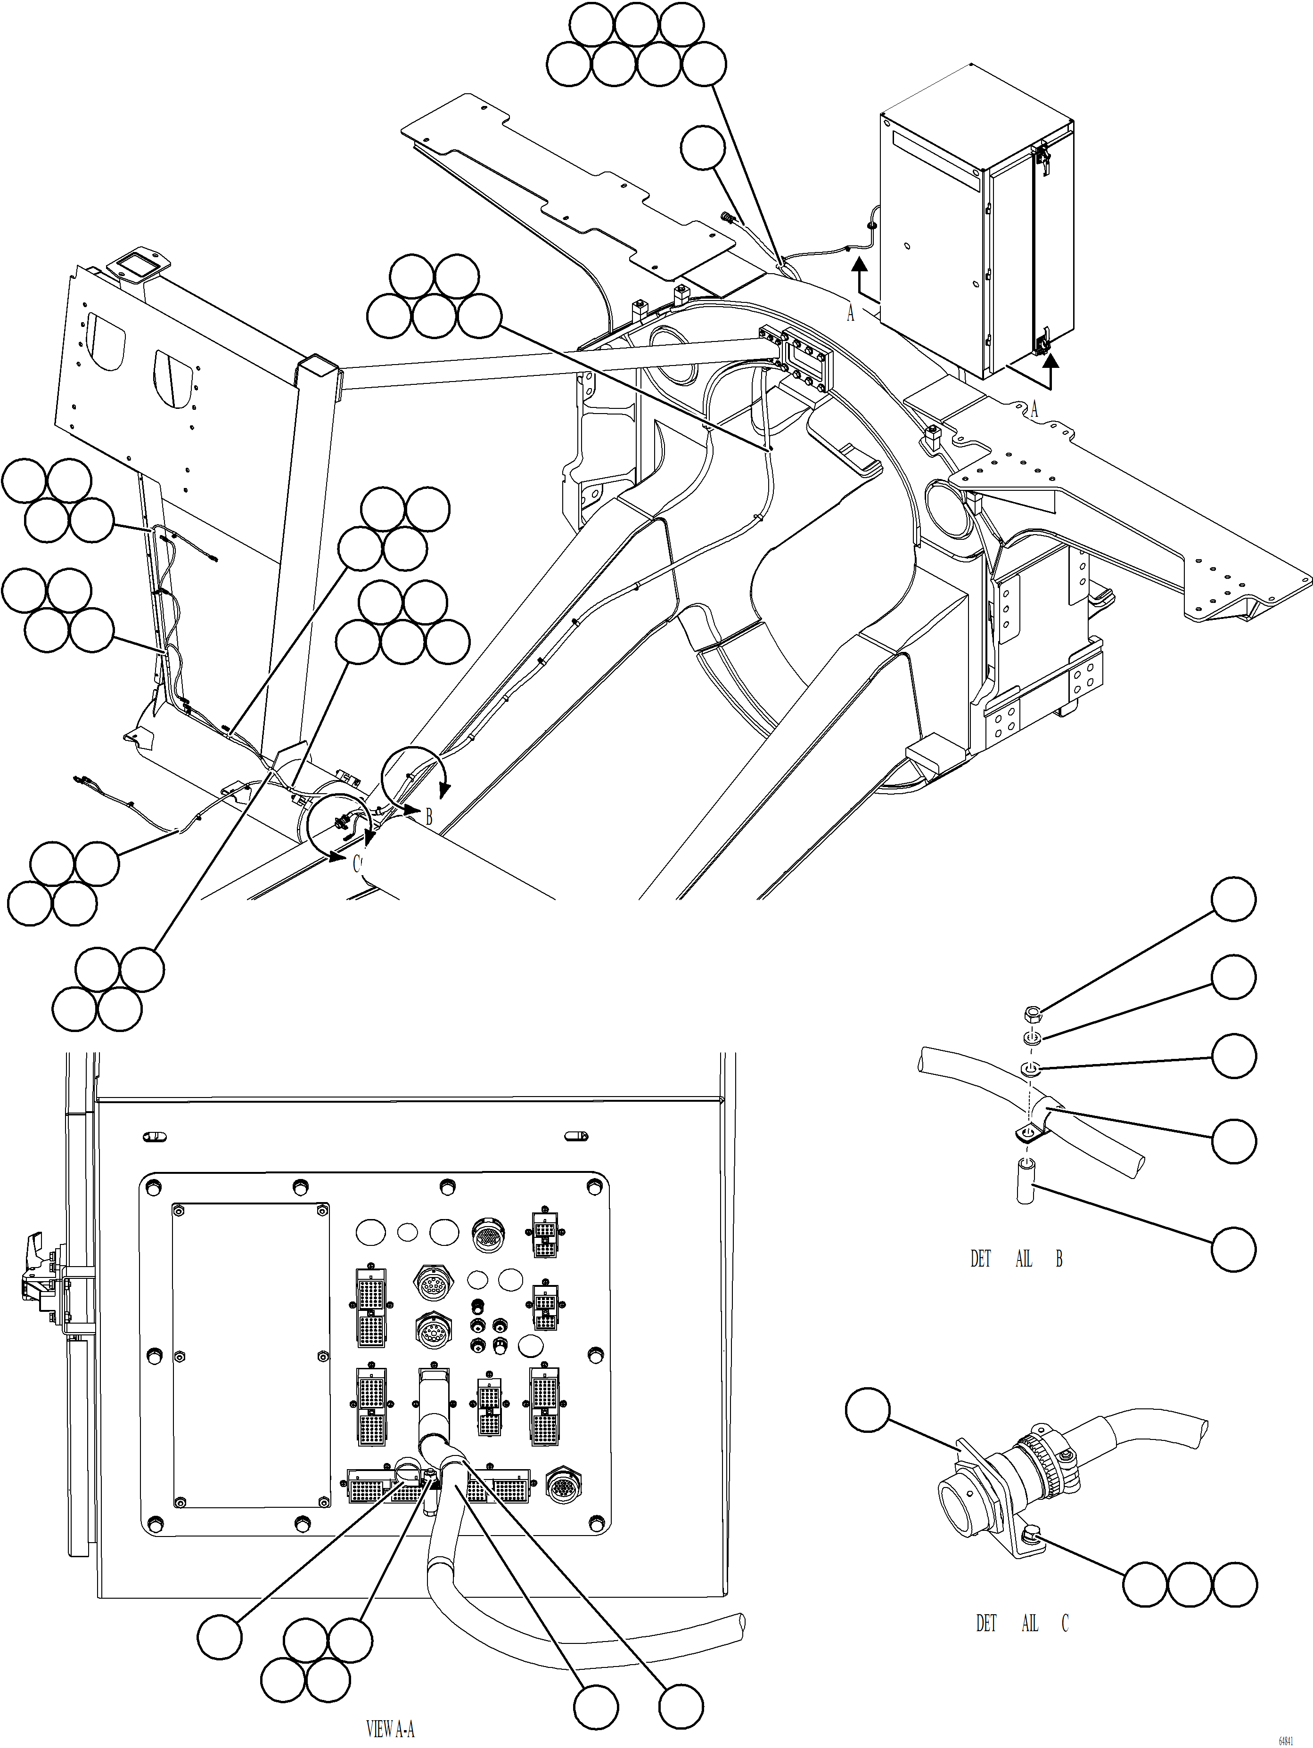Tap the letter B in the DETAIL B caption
coord(1059,1259)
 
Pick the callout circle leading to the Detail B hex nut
coord(1233,900)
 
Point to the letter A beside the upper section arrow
coord(851,314)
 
